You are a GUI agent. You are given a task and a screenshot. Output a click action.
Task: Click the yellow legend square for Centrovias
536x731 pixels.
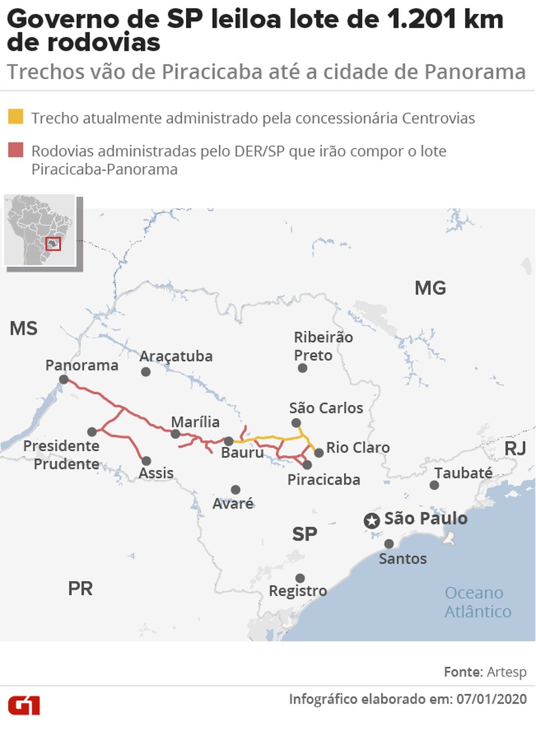[x=16, y=117]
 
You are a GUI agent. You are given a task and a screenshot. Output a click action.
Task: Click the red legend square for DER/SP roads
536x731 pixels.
[x=16, y=150]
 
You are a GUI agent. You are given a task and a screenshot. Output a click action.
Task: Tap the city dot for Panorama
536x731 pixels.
[x=64, y=379]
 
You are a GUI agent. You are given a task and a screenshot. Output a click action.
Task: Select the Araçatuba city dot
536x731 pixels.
[x=145, y=371]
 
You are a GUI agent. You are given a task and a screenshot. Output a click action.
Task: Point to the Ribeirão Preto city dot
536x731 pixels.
[x=302, y=368]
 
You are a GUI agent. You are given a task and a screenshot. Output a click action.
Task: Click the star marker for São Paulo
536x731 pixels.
[x=371, y=520]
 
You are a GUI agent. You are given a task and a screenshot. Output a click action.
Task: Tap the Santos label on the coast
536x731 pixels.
[x=403, y=558]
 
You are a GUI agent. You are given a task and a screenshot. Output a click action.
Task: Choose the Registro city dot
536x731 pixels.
[x=300, y=578]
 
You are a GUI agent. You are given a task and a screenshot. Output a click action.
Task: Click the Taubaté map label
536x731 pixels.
[x=463, y=473]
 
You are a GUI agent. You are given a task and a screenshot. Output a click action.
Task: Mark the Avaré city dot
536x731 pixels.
[x=235, y=490]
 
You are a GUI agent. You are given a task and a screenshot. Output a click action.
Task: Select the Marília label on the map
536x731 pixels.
[x=195, y=422]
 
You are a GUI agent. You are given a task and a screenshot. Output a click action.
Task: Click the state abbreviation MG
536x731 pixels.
[x=430, y=288]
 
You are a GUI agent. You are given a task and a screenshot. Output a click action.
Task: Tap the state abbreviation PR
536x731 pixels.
[x=80, y=588]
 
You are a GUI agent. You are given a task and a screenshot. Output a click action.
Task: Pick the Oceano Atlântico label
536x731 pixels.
[x=478, y=602]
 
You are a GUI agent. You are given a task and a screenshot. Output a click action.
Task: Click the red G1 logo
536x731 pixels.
[x=24, y=705]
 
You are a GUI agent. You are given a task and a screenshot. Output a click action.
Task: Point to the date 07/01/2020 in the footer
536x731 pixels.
[x=492, y=699]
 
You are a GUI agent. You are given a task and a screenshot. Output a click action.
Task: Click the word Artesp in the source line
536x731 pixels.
[x=507, y=672]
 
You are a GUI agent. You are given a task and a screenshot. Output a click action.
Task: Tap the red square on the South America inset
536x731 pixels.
[x=53, y=244]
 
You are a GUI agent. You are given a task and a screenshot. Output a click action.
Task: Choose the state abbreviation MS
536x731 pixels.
[x=24, y=328]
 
